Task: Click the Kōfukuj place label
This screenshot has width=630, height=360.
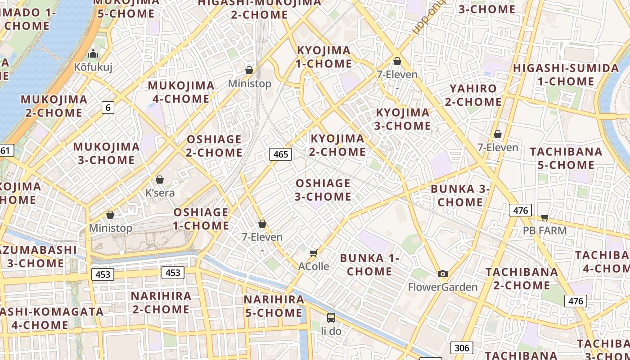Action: click(x=93, y=67)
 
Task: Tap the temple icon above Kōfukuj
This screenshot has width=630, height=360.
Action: click(x=93, y=54)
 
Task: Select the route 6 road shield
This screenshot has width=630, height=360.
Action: click(x=108, y=108)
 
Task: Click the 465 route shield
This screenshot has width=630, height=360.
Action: click(x=280, y=154)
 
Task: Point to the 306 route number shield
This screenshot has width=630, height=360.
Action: click(x=461, y=347)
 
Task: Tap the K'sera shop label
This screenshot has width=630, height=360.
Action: click(x=160, y=193)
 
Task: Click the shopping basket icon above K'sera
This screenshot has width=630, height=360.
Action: click(x=160, y=180)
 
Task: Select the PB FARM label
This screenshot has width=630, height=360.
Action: click(x=544, y=231)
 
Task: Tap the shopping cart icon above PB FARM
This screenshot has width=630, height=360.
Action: click(x=544, y=218)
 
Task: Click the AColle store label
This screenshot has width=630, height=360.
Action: click(x=314, y=266)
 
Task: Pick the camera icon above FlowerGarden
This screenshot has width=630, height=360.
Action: click(x=443, y=274)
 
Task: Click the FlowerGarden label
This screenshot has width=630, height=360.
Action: click(x=443, y=287)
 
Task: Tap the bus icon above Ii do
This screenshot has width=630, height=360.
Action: click(x=331, y=318)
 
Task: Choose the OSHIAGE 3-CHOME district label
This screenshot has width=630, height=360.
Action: click(x=323, y=190)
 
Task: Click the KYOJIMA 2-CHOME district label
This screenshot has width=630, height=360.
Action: click(x=337, y=145)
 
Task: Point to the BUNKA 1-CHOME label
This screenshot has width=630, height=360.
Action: click(x=369, y=265)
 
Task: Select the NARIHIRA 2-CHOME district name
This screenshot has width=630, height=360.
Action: click(x=161, y=302)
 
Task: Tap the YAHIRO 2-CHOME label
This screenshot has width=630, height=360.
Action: click(x=473, y=95)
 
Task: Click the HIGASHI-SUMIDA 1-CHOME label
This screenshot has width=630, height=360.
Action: click(x=566, y=75)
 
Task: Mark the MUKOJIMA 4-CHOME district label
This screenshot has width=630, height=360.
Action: click(x=181, y=92)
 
